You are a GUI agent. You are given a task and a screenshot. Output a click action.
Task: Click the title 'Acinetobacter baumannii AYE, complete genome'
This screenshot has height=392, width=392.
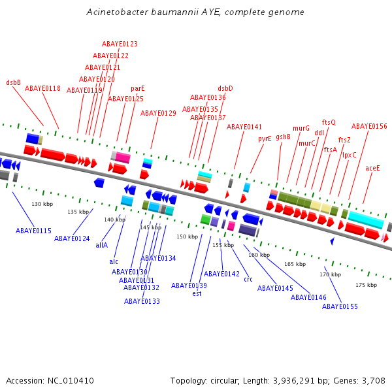(x=195, y=12)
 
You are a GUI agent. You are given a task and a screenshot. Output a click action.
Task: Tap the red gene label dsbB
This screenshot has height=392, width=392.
(x=14, y=82)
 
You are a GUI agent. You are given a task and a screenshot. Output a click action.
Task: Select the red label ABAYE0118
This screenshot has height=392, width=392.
(x=42, y=88)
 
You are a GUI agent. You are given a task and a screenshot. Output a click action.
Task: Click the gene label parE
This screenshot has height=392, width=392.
(x=138, y=88)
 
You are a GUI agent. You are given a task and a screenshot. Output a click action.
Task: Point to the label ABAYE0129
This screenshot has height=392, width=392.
(x=158, y=113)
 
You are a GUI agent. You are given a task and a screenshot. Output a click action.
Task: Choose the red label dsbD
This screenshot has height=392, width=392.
(x=225, y=88)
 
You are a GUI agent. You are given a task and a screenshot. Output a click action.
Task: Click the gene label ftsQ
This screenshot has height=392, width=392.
(x=329, y=122)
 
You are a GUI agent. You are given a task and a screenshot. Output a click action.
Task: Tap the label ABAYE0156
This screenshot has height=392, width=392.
(x=369, y=126)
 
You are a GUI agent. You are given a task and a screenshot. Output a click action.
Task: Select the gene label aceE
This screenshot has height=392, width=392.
(x=372, y=168)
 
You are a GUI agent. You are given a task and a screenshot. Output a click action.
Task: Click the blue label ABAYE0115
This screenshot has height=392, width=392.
(x=33, y=231)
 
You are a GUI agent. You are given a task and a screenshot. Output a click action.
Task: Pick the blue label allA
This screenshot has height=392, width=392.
(x=101, y=246)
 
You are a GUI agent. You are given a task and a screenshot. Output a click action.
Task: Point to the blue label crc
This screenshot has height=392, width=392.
(x=248, y=279)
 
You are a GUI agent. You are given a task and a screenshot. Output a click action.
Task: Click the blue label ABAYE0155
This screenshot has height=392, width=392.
(x=340, y=306)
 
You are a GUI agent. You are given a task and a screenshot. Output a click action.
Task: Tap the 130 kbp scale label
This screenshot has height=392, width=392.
(x=42, y=204)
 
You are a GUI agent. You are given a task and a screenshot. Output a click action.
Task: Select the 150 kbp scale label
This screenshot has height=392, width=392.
(x=187, y=237)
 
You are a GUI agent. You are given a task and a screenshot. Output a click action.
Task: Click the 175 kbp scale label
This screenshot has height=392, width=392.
(x=367, y=285)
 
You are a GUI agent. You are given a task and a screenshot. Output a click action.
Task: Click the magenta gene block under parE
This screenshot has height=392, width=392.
(x=123, y=158)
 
